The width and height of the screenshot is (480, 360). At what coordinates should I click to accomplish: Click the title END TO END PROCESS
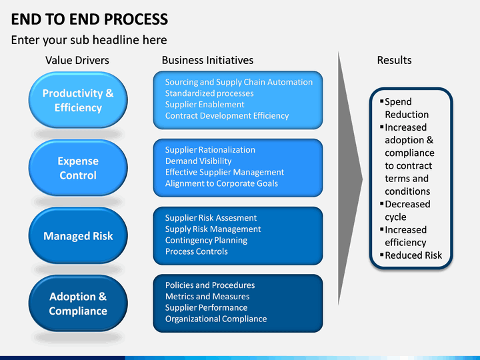click(89, 19)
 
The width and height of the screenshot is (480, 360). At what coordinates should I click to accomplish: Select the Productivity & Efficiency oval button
click(78, 100)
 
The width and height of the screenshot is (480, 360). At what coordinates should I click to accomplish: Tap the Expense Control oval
click(78, 168)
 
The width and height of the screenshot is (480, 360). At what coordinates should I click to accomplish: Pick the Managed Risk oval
click(78, 236)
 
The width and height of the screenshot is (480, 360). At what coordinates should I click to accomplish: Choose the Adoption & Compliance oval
click(78, 303)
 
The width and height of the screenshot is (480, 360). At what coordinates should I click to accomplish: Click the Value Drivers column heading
click(77, 60)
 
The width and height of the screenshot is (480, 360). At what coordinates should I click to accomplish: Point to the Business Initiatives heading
click(207, 60)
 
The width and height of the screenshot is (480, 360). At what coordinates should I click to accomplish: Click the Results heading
click(394, 60)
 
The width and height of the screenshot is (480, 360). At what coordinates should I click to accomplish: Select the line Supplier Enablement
click(205, 105)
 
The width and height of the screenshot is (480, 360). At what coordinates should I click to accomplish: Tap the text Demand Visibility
click(199, 161)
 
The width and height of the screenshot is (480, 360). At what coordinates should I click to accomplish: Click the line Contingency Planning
click(206, 240)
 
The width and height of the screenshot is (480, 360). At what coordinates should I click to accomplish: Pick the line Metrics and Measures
click(207, 296)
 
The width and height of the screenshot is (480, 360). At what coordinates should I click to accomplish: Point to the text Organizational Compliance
click(216, 319)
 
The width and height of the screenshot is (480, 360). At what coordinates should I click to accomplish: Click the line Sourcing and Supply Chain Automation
click(239, 82)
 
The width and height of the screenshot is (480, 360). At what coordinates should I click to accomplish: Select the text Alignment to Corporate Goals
click(221, 183)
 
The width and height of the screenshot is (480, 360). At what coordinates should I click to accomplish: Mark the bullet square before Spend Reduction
click(382, 101)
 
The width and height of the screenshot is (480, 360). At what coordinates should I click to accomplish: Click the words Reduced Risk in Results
click(413, 255)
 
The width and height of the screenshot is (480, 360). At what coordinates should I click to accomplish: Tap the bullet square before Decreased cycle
click(382, 203)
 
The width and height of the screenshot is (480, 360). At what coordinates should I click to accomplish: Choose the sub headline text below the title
click(89, 40)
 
